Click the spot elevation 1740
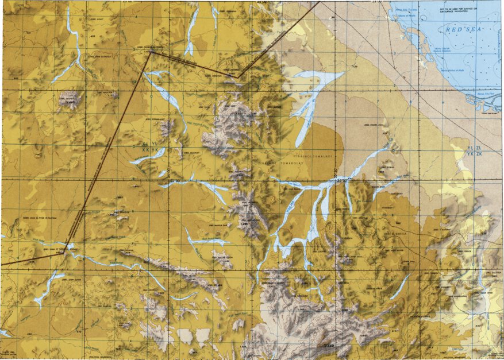[328, 346]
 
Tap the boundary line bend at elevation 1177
[151, 53]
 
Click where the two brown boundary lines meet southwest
[68, 248]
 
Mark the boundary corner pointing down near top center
[237, 76]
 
